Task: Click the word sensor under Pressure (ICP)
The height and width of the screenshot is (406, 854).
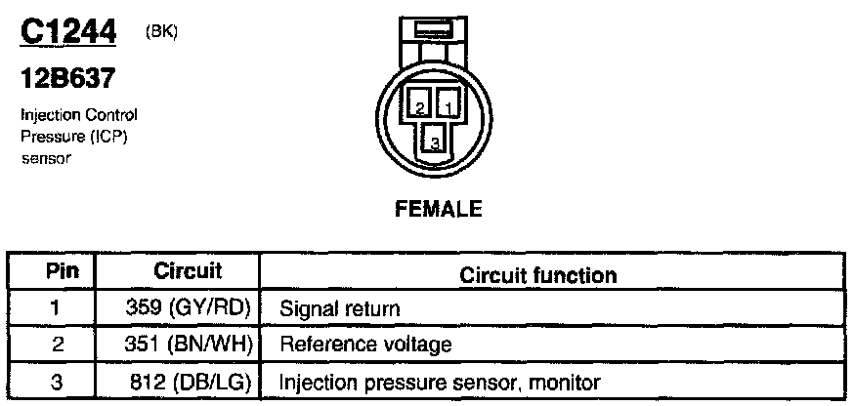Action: [x=46, y=158]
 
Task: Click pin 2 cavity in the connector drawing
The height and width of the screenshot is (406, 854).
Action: [x=418, y=105]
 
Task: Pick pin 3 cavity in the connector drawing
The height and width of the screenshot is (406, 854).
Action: [x=434, y=140]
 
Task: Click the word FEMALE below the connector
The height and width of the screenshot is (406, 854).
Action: [x=438, y=208]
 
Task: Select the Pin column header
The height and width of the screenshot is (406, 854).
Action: [x=56, y=271]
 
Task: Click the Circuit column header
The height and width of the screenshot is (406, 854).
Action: [x=188, y=270]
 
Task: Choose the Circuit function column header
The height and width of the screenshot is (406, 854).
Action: [x=537, y=275]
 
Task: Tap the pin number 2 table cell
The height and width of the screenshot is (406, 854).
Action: [x=56, y=344]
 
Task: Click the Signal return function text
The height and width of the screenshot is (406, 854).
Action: [x=340, y=309]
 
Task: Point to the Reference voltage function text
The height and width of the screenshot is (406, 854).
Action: [x=365, y=345]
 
